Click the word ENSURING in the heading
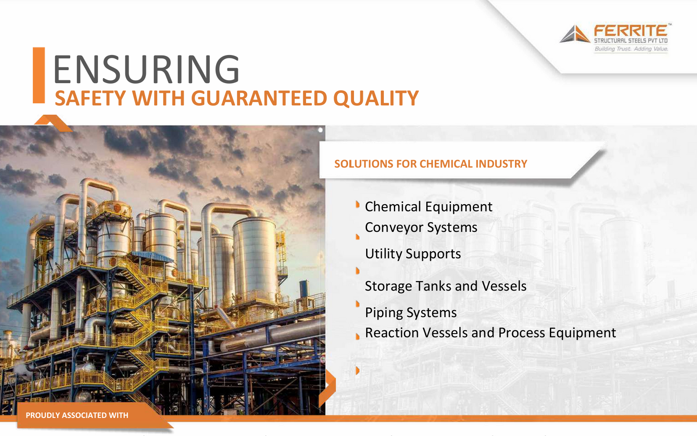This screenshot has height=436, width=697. [147, 69]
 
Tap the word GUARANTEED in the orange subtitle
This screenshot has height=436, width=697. [259, 98]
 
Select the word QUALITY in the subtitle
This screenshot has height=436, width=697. [376, 99]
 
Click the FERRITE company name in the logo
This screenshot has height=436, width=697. [631, 31]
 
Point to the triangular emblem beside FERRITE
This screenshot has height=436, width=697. [575, 34]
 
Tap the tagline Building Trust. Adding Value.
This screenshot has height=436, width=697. [631, 49]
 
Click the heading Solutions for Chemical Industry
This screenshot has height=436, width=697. [430, 164]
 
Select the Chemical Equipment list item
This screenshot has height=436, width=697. [428, 207]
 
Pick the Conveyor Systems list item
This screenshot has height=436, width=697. [421, 228]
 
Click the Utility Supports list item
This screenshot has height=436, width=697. [413, 254]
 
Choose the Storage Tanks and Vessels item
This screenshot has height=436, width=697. [446, 286]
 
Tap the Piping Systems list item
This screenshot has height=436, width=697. [411, 313]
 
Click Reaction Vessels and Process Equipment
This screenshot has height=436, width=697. [491, 333]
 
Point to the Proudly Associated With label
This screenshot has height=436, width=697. [77, 415]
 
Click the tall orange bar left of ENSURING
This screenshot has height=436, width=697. [39, 75]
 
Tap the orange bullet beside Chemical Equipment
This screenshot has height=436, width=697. [358, 205]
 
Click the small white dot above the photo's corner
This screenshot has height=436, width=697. [320, 130]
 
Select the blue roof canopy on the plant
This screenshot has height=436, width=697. [153, 257]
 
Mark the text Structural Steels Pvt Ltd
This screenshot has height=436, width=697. [631, 41]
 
